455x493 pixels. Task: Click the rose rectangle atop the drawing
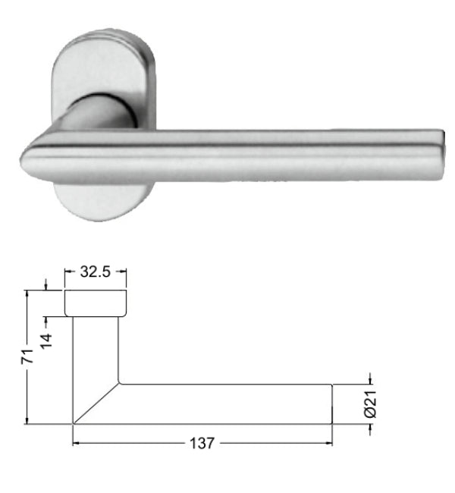pos(95,303)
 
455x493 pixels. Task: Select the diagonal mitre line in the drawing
pos(96,404)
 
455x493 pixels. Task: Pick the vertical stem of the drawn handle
pos(96,349)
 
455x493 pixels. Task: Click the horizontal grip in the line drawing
pos(227,404)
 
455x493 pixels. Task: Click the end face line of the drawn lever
pos(333,404)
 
